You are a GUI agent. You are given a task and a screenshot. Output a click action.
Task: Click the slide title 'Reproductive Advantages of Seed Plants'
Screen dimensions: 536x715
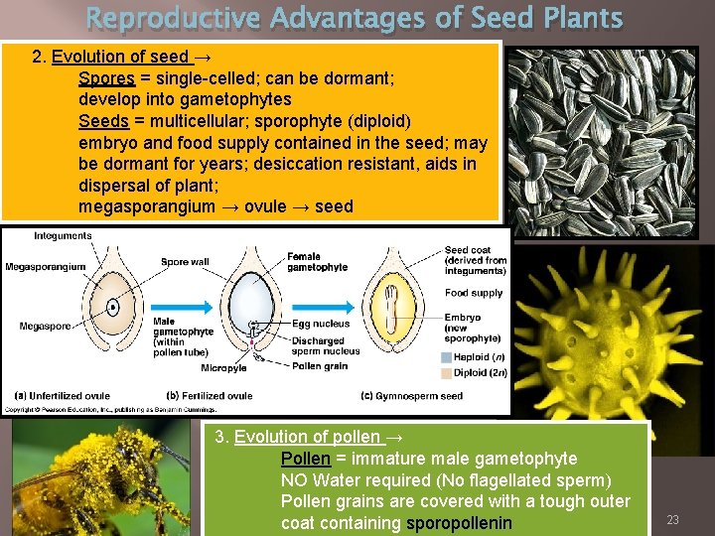pyautogui.click(x=355, y=18)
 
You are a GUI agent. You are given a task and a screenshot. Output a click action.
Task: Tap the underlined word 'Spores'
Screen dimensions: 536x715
pyautogui.click(x=106, y=78)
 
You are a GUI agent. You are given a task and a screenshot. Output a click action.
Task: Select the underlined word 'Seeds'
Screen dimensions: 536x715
pyautogui.click(x=103, y=121)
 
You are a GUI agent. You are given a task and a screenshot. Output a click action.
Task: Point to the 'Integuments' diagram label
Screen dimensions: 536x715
pyautogui.click(x=63, y=236)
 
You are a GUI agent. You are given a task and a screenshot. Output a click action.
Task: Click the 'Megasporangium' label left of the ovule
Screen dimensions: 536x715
pyautogui.click(x=45, y=267)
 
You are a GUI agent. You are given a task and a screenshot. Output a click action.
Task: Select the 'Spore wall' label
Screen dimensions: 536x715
pyautogui.click(x=185, y=263)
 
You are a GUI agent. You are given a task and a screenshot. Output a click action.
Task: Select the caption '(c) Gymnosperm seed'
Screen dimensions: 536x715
pyautogui.click(x=412, y=396)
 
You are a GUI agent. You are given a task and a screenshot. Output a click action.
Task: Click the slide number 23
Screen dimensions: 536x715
pyautogui.click(x=672, y=519)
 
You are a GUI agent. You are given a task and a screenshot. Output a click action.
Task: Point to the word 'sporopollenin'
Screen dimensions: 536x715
pyautogui.click(x=459, y=523)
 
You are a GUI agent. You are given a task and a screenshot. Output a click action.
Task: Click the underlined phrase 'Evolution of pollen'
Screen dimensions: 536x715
pyautogui.click(x=307, y=437)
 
